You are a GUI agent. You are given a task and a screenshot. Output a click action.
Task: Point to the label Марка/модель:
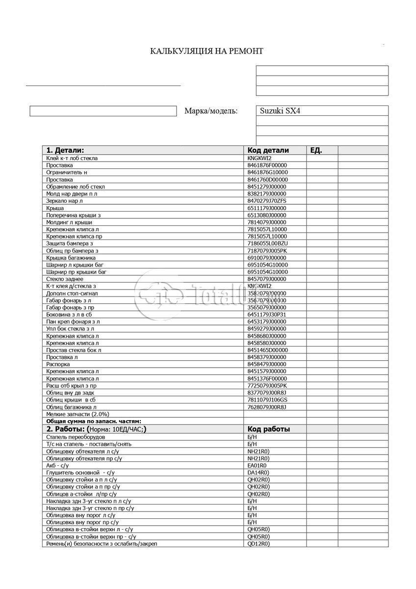pyautogui.click(x=211, y=111)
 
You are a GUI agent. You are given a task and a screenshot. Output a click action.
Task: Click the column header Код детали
pyautogui.click(x=268, y=150)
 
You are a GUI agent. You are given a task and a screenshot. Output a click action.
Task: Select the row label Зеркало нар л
pyautogui.click(x=65, y=201)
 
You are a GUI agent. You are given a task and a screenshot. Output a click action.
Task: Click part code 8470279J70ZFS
pyautogui.click(x=267, y=201)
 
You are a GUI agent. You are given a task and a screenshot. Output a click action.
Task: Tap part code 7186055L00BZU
pyautogui.click(x=268, y=243)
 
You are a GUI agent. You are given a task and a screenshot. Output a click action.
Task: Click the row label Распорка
pyautogui.click(x=58, y=364)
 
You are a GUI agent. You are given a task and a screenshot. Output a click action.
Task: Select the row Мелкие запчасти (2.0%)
pyautogui.click(x=78, y=414)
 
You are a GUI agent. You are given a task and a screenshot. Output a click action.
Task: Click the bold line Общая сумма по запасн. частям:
pyautogui.click(x=94, y=421)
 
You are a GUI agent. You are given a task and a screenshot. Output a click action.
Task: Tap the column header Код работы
pyautogui.click(x=269, y=429)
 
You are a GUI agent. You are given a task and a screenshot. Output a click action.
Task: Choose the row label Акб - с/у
pyautogui.click(x=57, y=465)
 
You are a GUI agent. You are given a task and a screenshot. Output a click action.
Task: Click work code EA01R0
pyautogui.click(x=257, y=465)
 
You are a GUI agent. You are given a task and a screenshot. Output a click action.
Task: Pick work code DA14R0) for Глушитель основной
pyautogui.click(x=259, y=472)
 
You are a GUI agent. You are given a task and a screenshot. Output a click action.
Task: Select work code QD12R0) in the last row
pyautogui.click(x=259, y=544)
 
